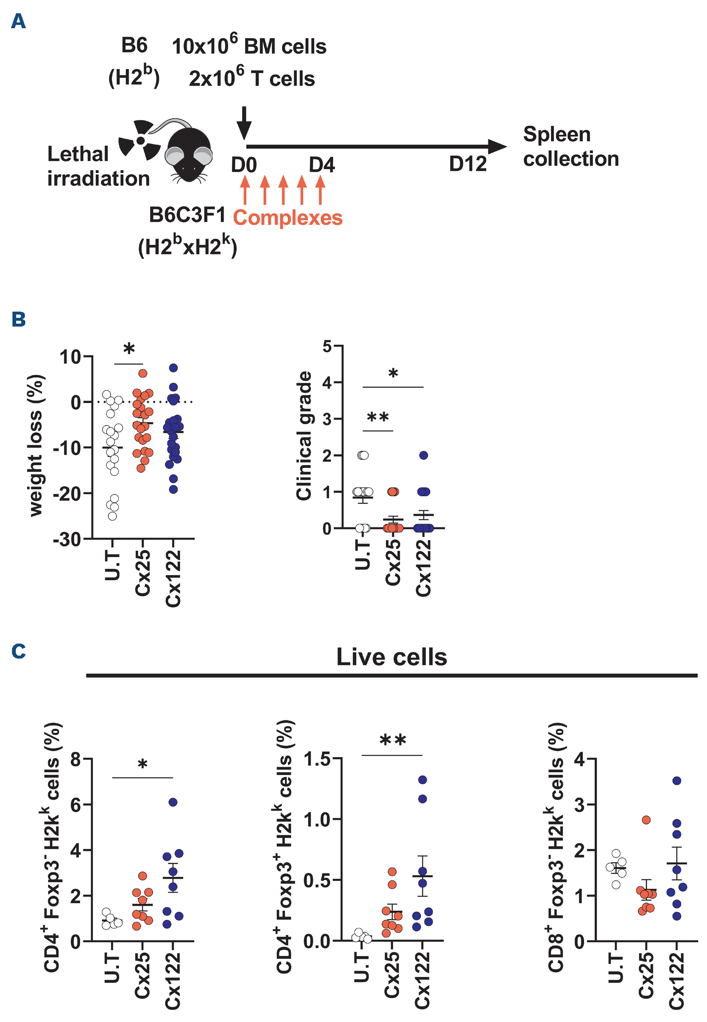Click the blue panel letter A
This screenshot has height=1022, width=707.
pos(18,21)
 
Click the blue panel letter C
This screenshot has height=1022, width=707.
pos(19,651)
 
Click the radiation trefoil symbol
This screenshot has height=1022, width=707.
pos(140,140)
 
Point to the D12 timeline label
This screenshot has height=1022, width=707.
pos(467,164)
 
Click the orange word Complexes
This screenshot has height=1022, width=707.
pos(288,218)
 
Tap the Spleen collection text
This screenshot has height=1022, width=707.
pos(570,146)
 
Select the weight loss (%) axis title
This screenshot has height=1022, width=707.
pos(35,445)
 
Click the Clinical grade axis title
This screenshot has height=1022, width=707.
pos(304,436)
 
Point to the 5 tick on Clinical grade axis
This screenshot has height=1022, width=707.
pos(327,346)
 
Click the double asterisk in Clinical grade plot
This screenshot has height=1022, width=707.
pos(378,417)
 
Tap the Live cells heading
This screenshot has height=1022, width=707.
pos(392,657)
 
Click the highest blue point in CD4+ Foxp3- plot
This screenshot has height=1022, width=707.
pos(173,802)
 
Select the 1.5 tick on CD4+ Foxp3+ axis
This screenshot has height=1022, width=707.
pos(317,759)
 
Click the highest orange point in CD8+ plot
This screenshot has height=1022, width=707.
pos(646,820)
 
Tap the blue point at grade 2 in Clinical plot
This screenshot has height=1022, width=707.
pos(424,455)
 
